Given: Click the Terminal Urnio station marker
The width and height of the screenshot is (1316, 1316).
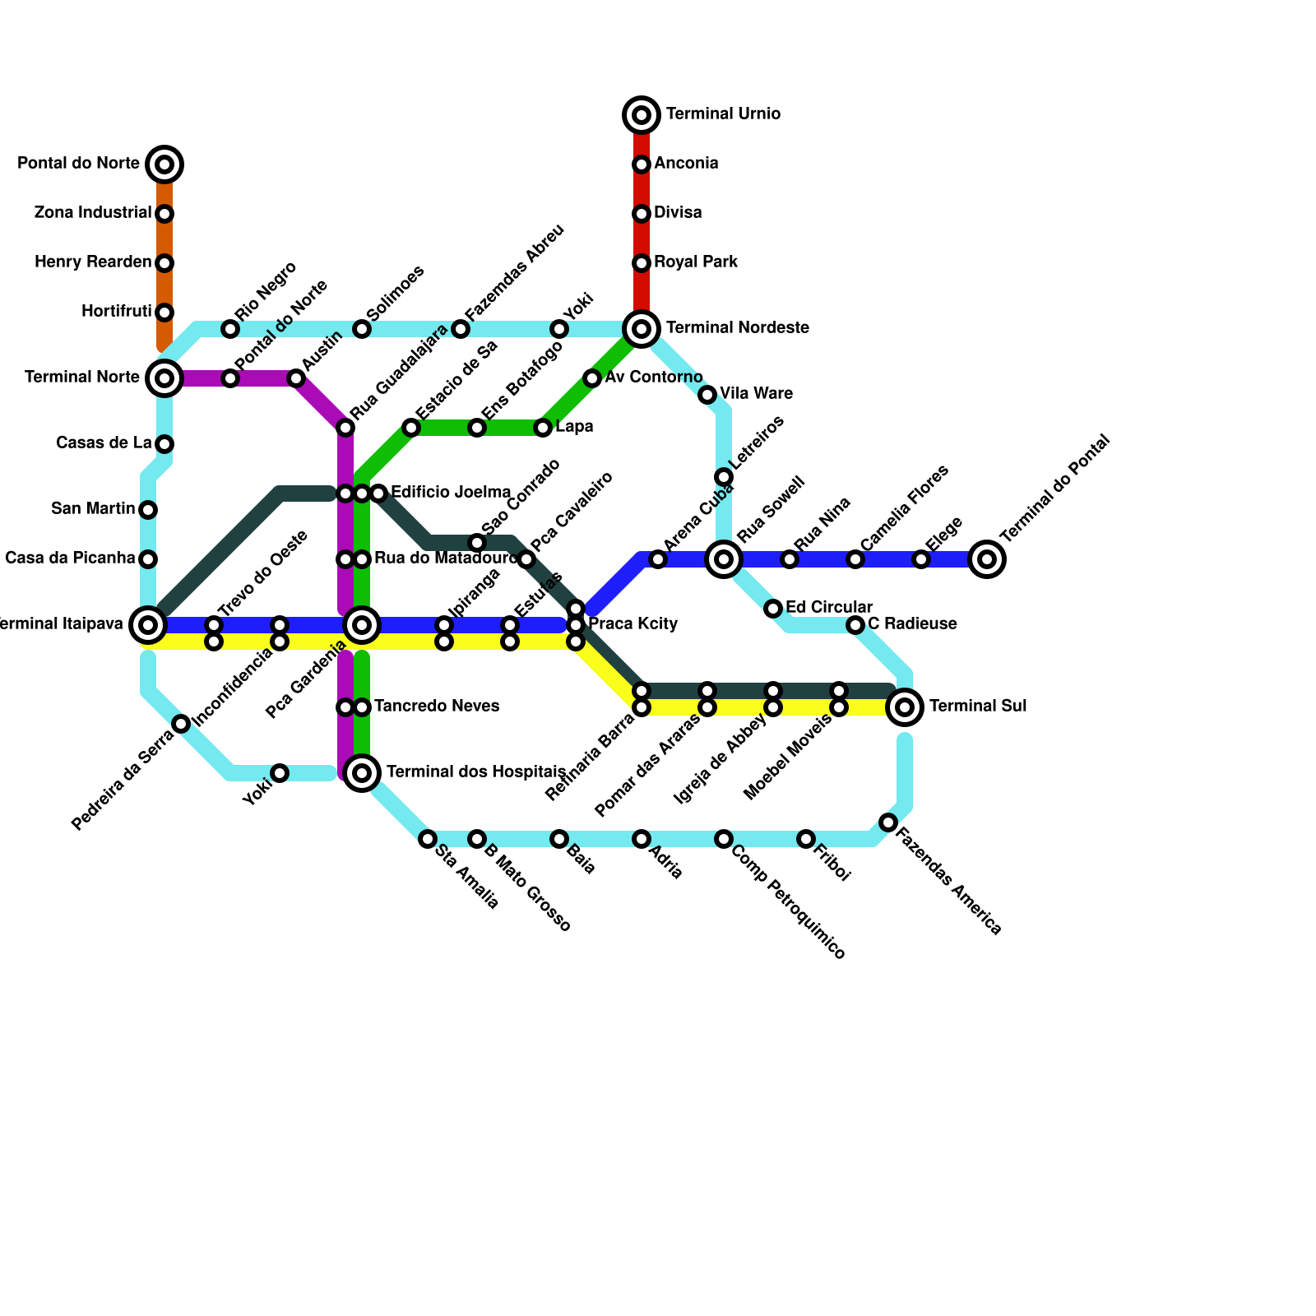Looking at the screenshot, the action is point(642,115).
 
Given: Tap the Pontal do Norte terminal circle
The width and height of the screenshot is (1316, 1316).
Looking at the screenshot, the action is point(164,164).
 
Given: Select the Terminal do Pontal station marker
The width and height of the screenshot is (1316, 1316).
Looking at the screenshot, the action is point(987,559).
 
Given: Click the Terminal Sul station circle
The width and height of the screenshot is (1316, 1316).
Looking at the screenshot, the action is point(905,707).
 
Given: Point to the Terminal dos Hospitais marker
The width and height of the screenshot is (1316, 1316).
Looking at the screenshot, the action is point(362,772).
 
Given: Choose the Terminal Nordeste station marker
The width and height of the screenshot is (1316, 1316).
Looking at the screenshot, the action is point(642,329).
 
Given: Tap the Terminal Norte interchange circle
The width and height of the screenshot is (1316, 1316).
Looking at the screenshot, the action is point(164,378).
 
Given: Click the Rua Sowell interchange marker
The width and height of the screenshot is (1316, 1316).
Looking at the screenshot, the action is point(724,559).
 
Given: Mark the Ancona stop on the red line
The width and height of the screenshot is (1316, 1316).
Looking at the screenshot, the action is point(642,164).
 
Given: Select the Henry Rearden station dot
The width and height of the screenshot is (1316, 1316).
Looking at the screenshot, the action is point(164,263).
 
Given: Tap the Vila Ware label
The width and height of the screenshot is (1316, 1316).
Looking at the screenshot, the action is point(756,394).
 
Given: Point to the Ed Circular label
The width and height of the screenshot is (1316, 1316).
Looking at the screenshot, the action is point(828,608).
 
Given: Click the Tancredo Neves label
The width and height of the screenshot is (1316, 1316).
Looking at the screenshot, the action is point(436,707).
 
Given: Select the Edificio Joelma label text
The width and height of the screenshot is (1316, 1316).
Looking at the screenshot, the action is point(450,493).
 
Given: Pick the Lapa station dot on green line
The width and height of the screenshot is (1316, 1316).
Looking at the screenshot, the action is point(543,428).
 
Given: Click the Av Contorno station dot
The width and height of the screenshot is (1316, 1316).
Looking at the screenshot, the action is point(592,378).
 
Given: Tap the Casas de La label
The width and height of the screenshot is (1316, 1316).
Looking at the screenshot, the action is point(104,443).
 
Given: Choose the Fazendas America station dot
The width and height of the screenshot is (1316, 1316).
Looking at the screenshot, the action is point(888,822).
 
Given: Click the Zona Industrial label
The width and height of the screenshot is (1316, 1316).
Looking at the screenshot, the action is point(93,213).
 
